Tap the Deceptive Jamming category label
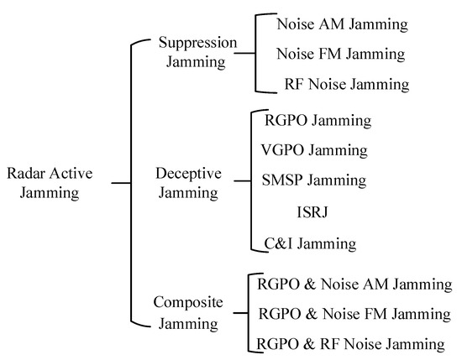pyautogui.click(x=189, y=182)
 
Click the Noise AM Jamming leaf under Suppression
pyautogui.click(x=342, y=25)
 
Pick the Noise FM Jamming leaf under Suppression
pyautogui.click(x=341, y=55)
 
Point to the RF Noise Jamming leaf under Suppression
pyautogui.click(x=346, y=85)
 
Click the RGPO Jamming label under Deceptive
pyautogui.click(x=318, y=121)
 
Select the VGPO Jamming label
pyautogui.click(x=315, y=151)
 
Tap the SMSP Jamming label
pyautogui.click(x=313, y=180)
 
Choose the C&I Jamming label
pyautogui.click(x=308, y=243)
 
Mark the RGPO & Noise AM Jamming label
pyautogui.click(x=354, y=284)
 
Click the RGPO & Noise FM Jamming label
pyautogui.click(x=354, y=314)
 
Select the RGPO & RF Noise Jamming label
pyautogui.click(x=351, y=343)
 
